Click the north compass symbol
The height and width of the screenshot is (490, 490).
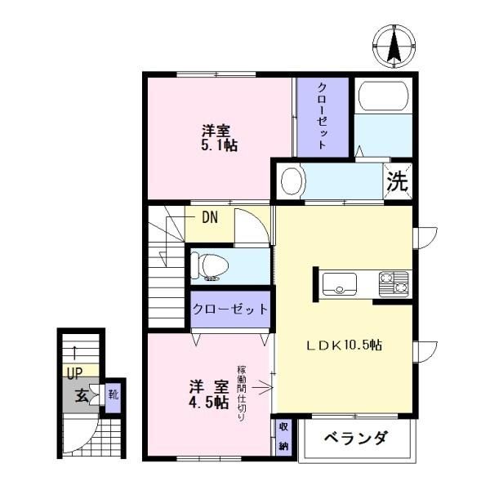click(394, 47)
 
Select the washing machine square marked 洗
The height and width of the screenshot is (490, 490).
click(398, 181)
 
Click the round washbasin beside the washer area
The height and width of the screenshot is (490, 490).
click(292, 181)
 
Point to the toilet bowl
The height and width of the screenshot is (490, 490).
click(210, 266)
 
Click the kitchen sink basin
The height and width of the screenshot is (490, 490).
click(340, 284)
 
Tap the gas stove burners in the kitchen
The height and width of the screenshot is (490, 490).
click(394, 284)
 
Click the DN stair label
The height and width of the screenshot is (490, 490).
click(210, 217)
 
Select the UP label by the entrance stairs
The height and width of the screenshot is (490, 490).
click(74, 373)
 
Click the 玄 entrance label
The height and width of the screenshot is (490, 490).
click(82, 396)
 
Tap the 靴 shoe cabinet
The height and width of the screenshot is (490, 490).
click(113, 395)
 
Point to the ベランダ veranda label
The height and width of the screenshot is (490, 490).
click(356, 438)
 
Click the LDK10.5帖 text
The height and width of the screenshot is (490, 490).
click(344, 345)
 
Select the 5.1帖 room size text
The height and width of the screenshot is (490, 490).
click(219, 146)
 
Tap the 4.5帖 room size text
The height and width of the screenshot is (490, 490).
click(207, 403)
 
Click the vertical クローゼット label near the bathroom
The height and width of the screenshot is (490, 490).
click(323, 116)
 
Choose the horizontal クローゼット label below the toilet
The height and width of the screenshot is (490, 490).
click(230, 309)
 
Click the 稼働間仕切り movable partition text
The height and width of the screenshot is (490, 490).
click(242, 393)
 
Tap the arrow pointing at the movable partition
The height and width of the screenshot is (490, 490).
click(262, 388)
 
